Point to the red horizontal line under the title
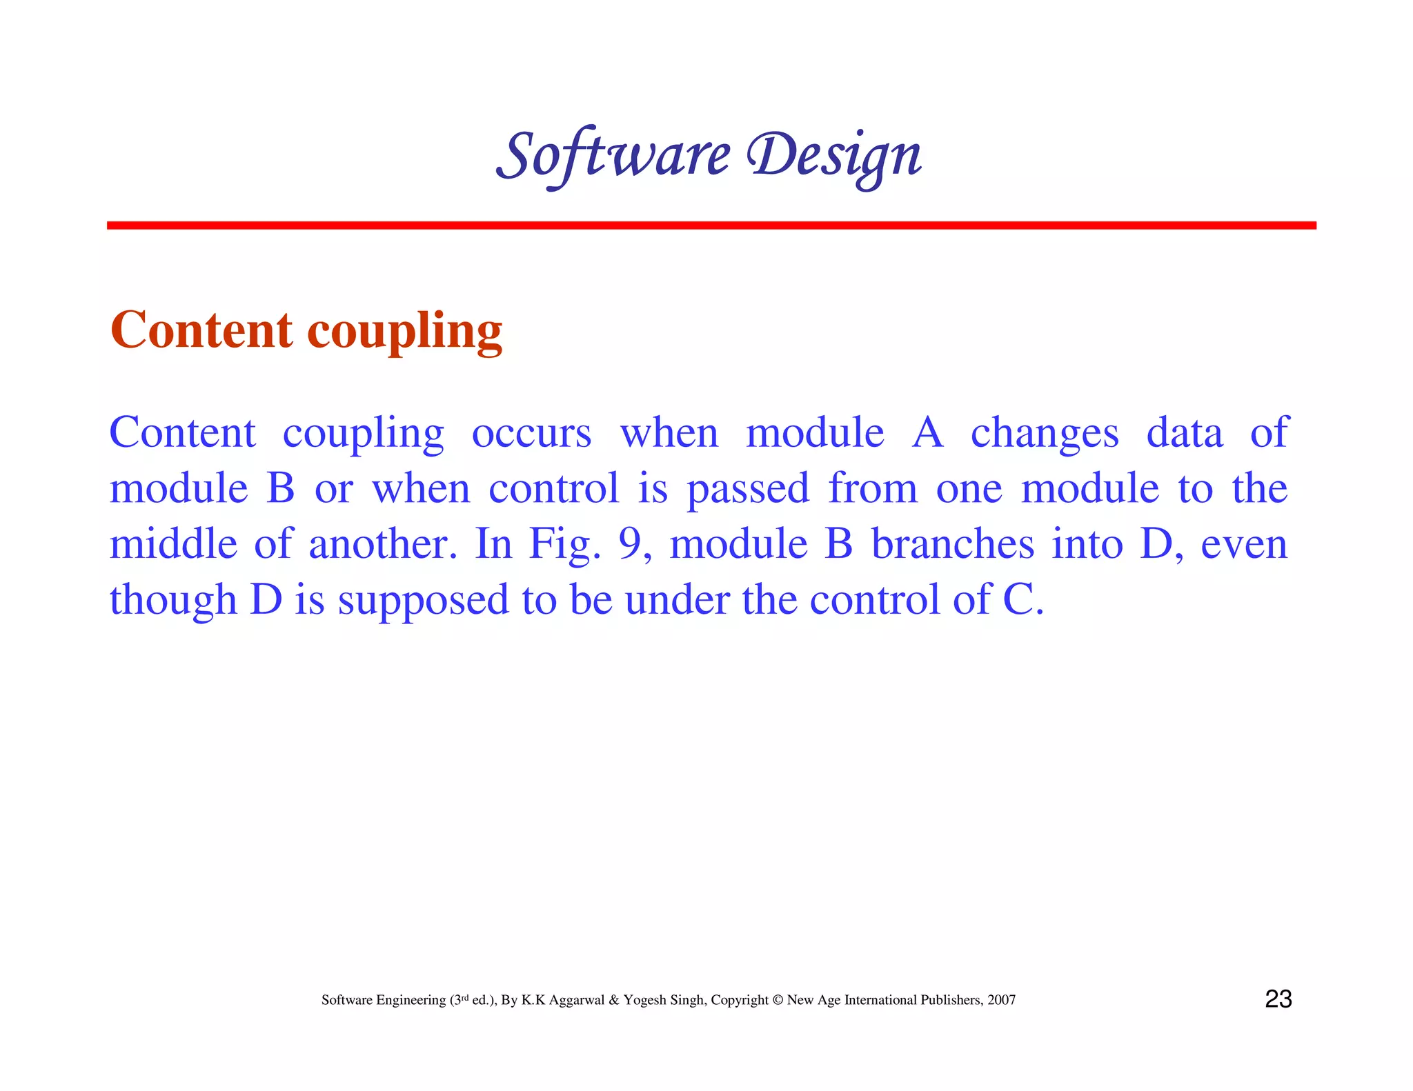pyautogui.click(x=711, y=226)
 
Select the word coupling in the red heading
pyautogui.click(x=404, y=332)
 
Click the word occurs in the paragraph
pyautogui.click(x=531, y=434)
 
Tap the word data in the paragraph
pyautogui.click(x=1184, y=433)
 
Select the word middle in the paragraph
pyautogui.click(x=173, y=544)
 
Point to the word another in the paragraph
pyautogui.click(x=383, y=545)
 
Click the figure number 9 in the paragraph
pyautogui.click(x=630, y=544)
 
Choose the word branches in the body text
pyautogui.click(x=953, y=544)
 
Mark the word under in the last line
pyautogui.click(x=677, y=599)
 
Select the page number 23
pyautogui.click(x=1278, y=999)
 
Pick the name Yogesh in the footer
pyautogui.click(x=644, y=1001)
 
